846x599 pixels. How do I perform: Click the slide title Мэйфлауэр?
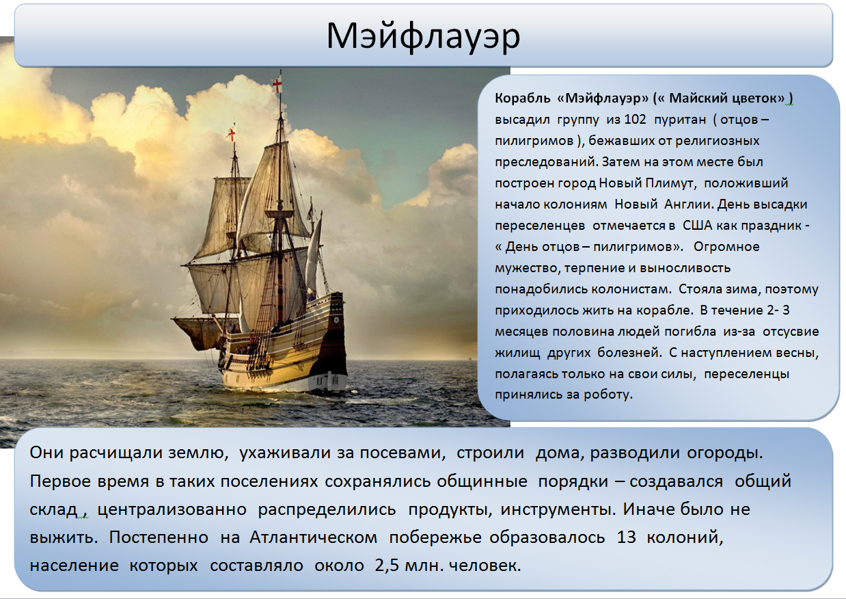pyautogui.click(x=423, y=37)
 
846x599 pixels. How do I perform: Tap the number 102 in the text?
pyautogui.click(x=636, y=120)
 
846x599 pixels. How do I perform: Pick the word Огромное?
pyautogui.click(x=726, y=247)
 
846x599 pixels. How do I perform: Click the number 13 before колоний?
pyautogui.click(x=627, y=537)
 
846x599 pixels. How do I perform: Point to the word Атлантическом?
pyautogui.click(x=313, y=537)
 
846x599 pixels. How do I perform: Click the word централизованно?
pyautogui.click(x=172, y=509)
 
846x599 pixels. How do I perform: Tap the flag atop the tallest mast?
pyautogui.click(x=277, y=85)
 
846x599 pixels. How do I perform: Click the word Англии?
pyautogui.click(x=689, y=204)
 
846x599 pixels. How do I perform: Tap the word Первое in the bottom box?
pyautogui.click(x=60, y=481)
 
